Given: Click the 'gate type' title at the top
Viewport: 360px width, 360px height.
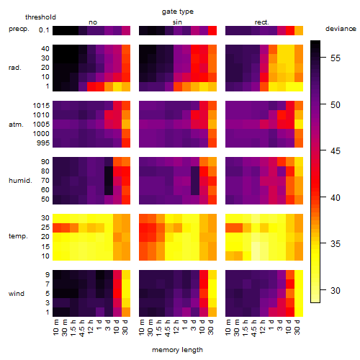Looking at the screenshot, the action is coord(178,12).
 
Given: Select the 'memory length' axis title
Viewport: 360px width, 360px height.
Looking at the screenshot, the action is coord(177,350).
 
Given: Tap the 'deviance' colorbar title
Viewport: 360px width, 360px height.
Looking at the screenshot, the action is coord(341,29).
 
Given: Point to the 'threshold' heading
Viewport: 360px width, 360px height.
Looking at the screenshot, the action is coord(40,17).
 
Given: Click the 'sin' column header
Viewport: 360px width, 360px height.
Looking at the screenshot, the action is coord(177,22).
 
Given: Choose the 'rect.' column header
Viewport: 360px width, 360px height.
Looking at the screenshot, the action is coord(261,22).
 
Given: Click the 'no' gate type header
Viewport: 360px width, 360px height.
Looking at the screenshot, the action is coord(93,22).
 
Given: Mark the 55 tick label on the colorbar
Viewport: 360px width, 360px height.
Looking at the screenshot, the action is coord(336,58).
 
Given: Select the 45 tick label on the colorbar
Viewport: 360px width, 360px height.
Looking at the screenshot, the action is coord(336,151).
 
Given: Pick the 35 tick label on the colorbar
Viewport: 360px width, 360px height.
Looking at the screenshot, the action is coord(336,244).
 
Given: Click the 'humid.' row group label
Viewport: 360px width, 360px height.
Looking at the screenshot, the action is coord(20,181).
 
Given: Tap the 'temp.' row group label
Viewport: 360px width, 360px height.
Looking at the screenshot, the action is coord(18,236).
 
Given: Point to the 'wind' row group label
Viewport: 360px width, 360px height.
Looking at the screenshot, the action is coord(17,294).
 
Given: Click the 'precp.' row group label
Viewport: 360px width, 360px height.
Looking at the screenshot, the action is coord(19,29).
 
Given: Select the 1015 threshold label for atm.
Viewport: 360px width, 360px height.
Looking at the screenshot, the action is coord(41,106).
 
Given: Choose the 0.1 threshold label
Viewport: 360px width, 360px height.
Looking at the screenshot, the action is coord(44,30).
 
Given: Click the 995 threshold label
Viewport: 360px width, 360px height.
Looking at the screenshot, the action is coord(43,143).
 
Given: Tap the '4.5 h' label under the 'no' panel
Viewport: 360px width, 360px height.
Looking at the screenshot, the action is coord(82,328).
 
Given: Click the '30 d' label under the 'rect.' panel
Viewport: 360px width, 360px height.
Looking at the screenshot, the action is coord(297,327).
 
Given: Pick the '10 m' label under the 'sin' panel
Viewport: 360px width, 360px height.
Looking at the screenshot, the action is coord(142,328).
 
